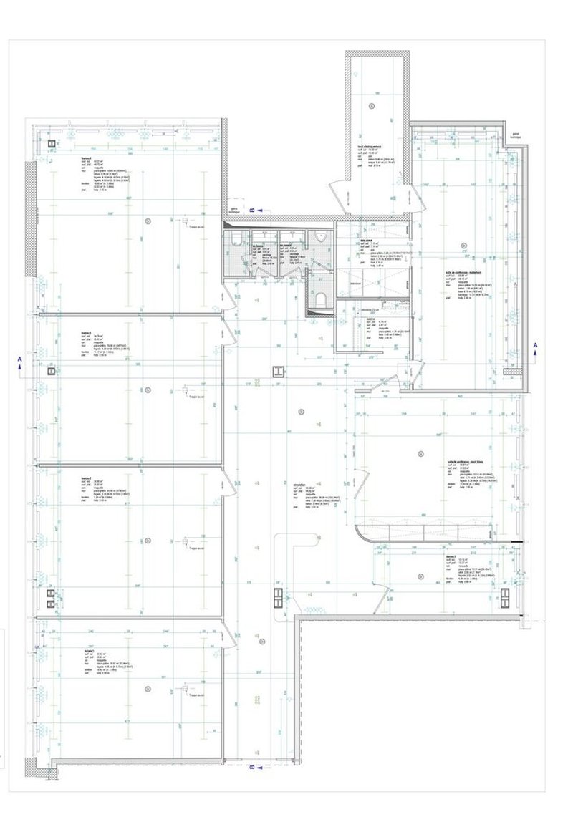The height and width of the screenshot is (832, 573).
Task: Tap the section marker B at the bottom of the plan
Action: coord(251,769)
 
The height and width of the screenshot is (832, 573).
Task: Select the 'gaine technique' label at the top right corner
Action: coord(515,134)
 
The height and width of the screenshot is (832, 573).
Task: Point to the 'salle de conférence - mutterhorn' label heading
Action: coord(462,273)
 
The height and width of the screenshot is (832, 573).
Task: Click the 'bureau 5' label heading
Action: coord(450,556)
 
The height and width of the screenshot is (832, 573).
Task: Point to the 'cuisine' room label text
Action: coord(371,319)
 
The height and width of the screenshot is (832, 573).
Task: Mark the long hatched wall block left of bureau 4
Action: coord(30,218)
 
